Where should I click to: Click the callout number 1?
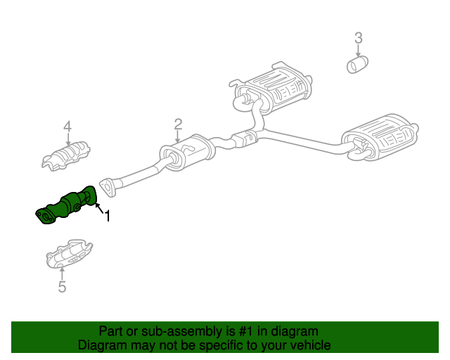[108, 217]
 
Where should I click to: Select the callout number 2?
[178, 124]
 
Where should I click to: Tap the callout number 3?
[358, 38]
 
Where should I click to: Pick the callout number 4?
[67, 127]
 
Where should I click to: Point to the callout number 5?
[62, 287]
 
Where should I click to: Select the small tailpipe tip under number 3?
[358, 65]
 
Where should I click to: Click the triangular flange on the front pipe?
[108, 186]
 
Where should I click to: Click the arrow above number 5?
[62, 273]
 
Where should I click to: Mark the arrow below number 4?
[67, 139]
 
